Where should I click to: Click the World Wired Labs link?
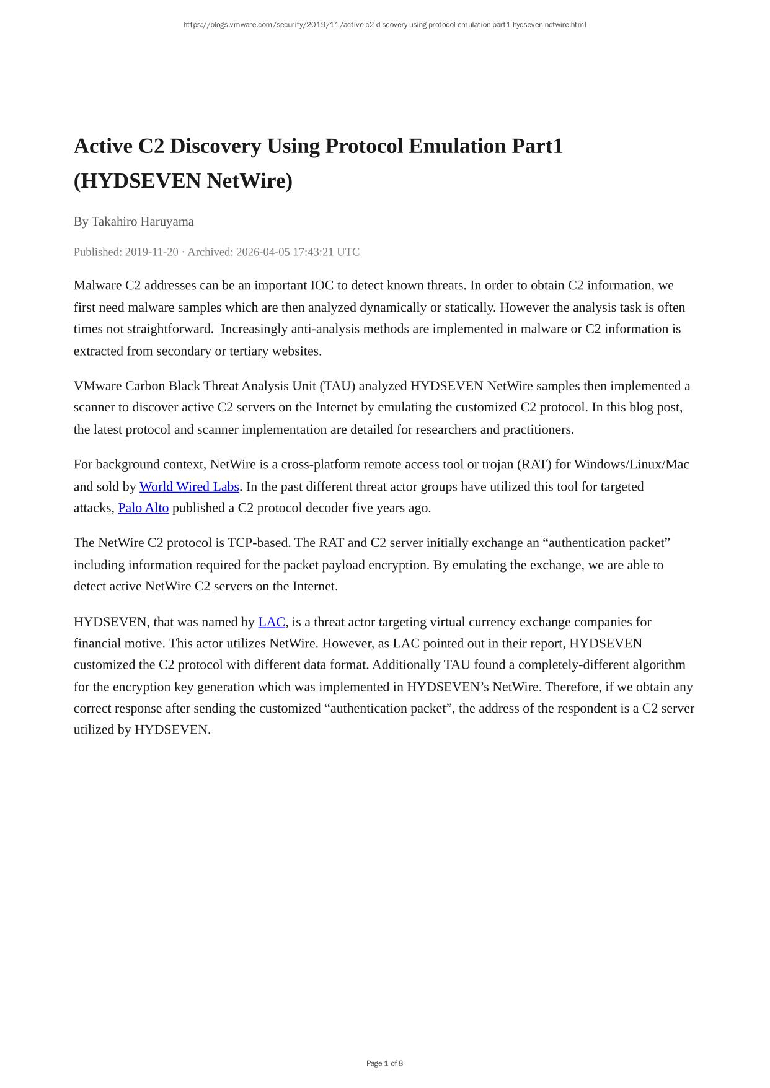click(189, 486)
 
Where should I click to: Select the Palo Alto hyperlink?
click(143, 508)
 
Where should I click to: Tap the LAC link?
click(272, 622)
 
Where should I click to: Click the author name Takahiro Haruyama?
click(143, 221)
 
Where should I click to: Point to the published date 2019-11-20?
click(151, 252)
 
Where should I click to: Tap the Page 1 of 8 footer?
click(384, 1063)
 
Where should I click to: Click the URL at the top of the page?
click(384, 25)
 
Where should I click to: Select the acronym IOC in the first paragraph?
click(322, 286)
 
